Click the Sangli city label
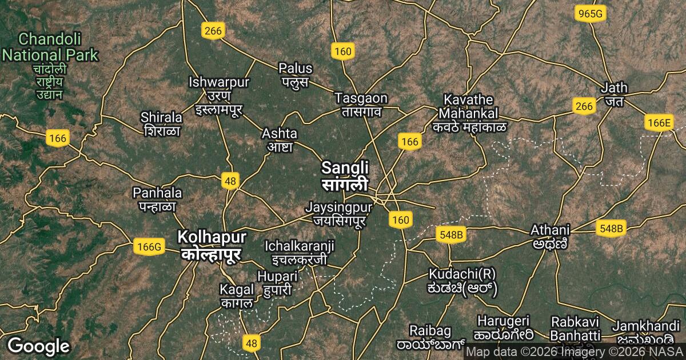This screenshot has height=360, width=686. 345,175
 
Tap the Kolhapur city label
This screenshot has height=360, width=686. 212,245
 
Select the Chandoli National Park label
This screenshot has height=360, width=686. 50,47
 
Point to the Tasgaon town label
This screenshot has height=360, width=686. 361,104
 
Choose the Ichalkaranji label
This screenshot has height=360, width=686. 299,253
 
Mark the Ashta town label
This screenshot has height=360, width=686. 279,140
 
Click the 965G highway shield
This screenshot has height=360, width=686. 591,14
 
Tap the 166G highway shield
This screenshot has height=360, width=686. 149,247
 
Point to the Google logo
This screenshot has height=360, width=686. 38,346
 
